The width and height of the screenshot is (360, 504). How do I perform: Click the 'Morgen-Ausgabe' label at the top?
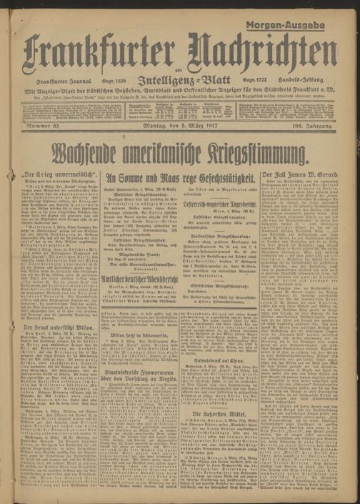click(290, 24)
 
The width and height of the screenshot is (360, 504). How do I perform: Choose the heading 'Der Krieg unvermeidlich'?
click(59, 174)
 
